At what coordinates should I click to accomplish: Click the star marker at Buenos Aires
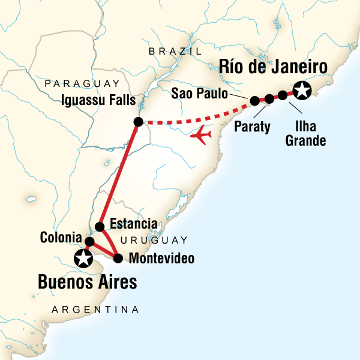point(82,259)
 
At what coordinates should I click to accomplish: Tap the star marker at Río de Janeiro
point(302,91)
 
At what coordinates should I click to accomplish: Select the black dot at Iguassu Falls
point(138,122)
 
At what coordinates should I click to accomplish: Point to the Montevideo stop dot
point(118,259)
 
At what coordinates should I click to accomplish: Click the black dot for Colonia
point(89,242)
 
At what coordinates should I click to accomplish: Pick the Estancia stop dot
point(100,226)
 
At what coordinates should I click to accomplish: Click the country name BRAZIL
point(175,52)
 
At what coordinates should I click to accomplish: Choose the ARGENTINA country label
point(95,310)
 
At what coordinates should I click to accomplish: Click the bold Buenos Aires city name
point(88,281)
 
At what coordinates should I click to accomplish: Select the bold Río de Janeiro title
point(273,67)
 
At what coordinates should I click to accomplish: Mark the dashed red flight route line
point(192,122)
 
